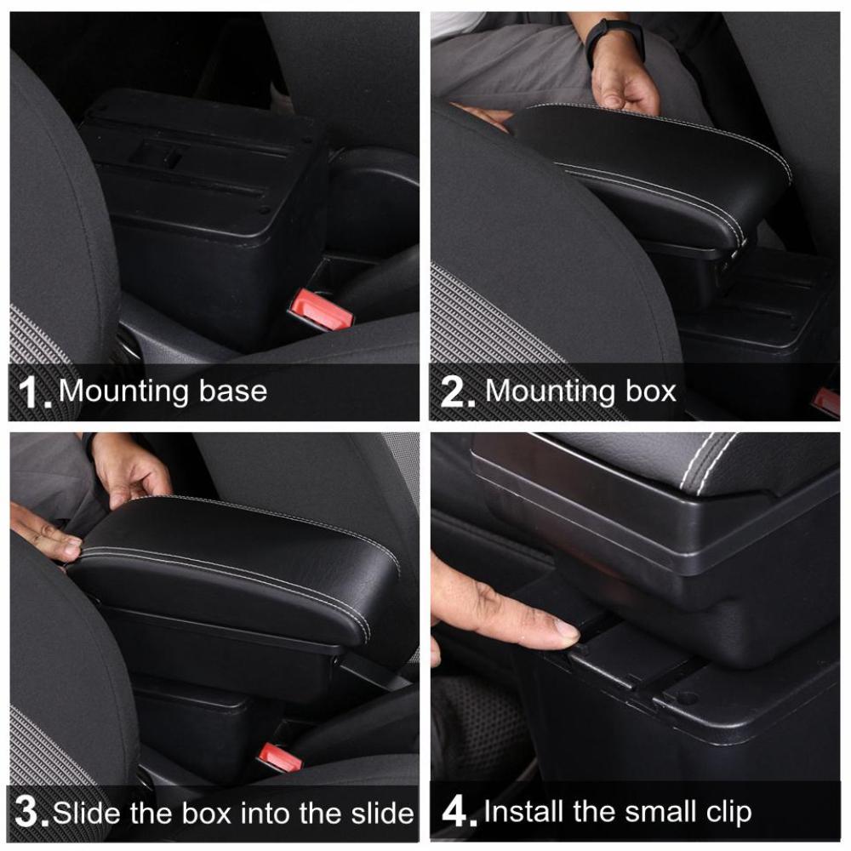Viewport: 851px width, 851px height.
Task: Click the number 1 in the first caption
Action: point(31,392)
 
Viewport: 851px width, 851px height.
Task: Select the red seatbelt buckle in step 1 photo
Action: point(322,311)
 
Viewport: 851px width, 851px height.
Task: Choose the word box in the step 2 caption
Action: point(649,391)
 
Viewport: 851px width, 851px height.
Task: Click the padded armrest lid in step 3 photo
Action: point(247,557)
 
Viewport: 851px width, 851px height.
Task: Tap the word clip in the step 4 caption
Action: point(724,812)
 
